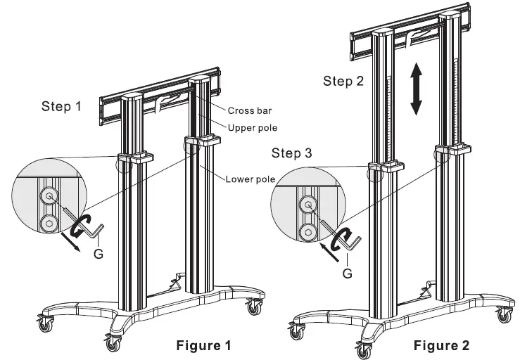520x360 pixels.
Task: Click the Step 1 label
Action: click(62, 107)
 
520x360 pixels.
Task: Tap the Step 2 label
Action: click(343, 81)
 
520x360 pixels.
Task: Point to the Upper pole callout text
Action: click(251, 127)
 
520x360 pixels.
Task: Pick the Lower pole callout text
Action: click(250, 179)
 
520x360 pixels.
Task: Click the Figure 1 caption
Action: click(202, 345)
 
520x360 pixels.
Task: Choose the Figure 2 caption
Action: click(441, 345)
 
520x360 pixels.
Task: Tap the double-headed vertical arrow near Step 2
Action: click(417, 89)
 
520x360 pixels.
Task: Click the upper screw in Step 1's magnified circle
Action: click(49, 196)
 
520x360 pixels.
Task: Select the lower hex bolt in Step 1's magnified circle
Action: click(49, 224)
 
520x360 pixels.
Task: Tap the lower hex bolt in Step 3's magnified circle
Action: click(307, 233)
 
